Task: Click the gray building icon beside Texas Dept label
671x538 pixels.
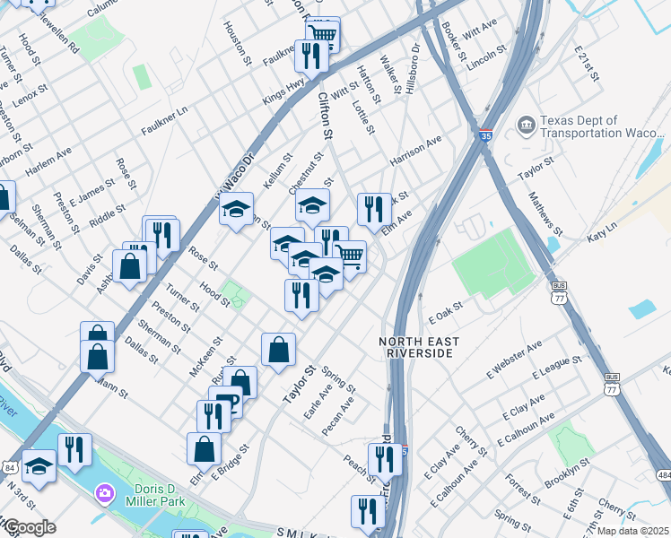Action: (527, 123)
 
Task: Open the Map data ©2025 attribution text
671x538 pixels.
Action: (633, 531)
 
